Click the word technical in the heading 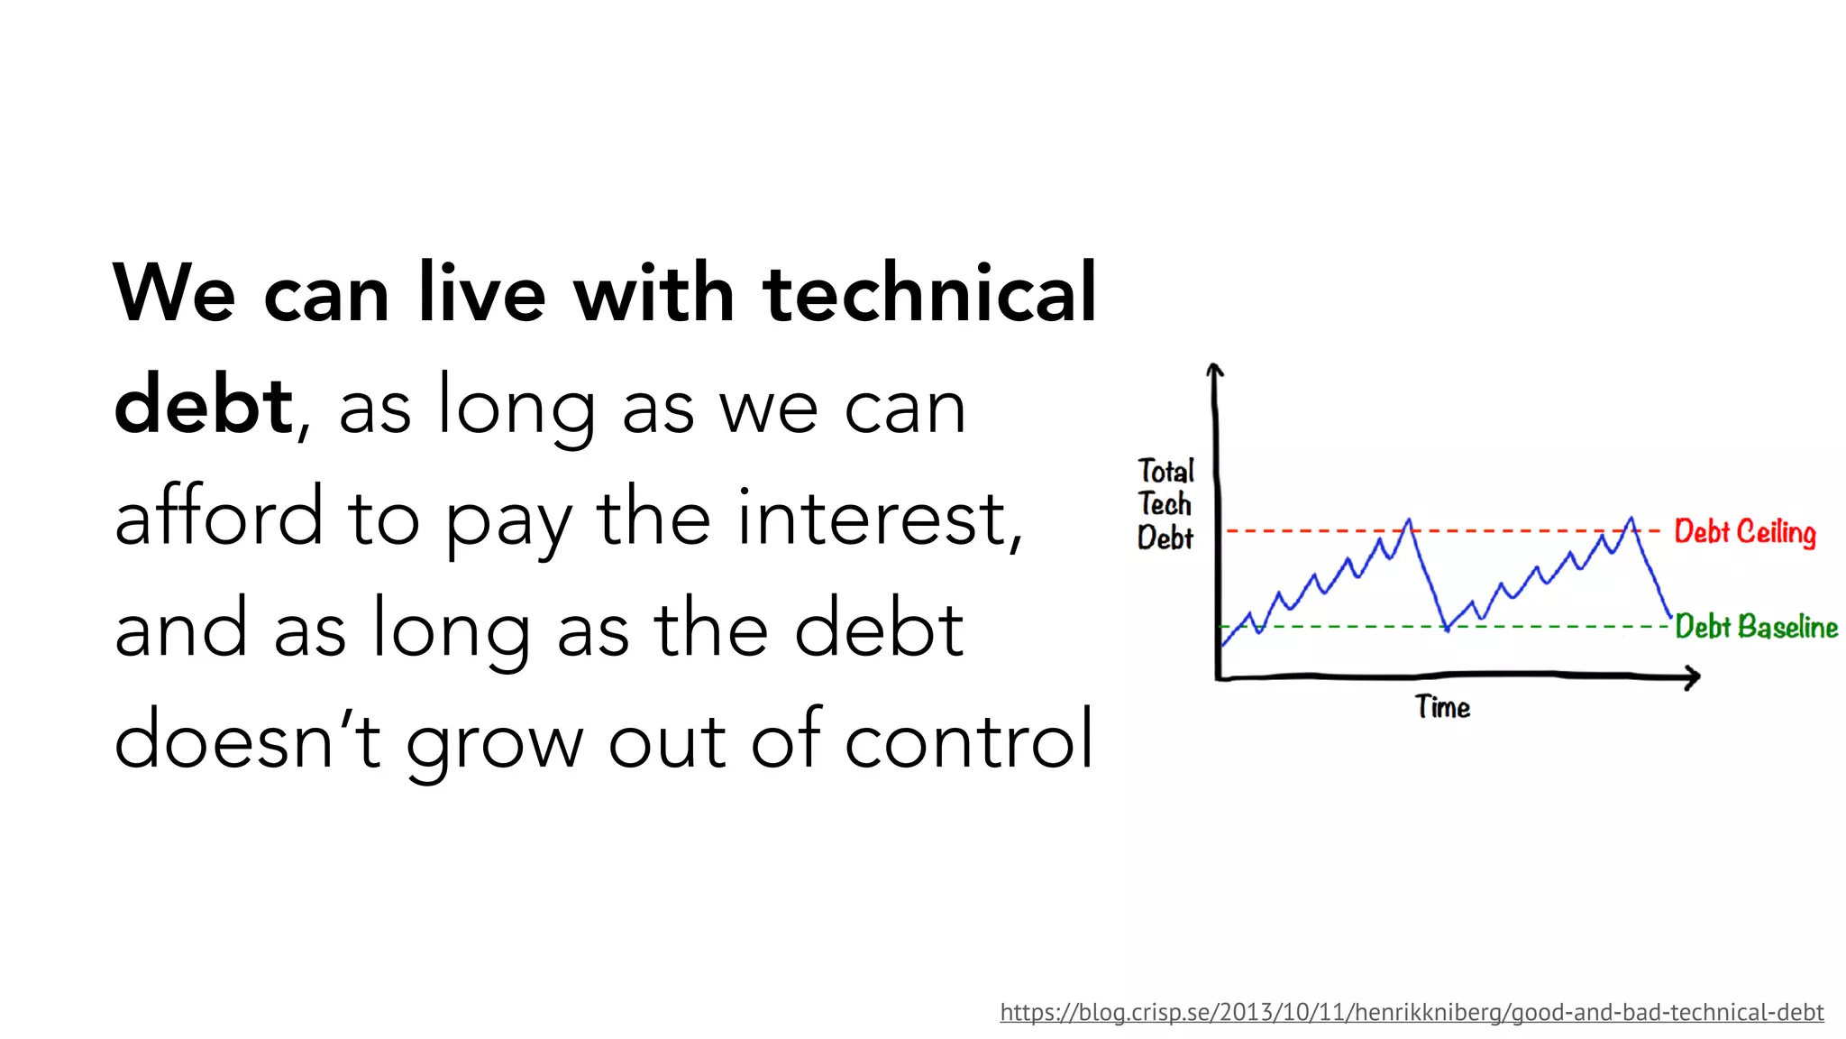click(928, 293)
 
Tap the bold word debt click(203, 405)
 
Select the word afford click(218, 517)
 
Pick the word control click(969, 740)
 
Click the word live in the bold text click(482, 293)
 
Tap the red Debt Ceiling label click(1744, 532)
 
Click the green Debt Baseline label click(1756, 627)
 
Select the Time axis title click(1442, 707)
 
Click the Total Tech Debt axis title click(1165, 505)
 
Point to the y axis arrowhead click(1214, 369)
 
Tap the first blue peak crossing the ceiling click(1408, 521)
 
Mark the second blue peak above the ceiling click(1631, 519)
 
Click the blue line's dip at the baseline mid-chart click(1447, 628)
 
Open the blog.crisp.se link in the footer click(1412, 1012)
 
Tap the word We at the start click(174, 293)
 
